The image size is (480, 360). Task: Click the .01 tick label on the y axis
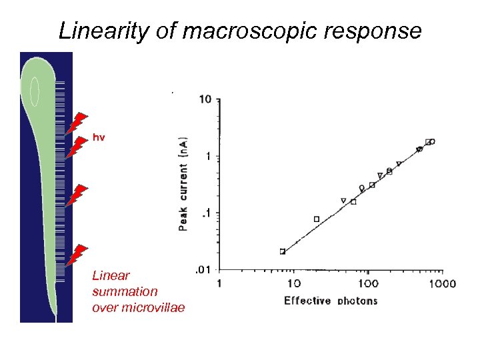coord(203,270)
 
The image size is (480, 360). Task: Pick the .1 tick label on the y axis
coord(207,213)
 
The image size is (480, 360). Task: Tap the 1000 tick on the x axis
coord(441,283)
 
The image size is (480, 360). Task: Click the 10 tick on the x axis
coord(293,283)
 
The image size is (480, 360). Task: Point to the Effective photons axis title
coord(331,301)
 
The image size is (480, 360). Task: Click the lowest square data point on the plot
coord(283,251)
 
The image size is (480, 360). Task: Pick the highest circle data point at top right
coord(432,141)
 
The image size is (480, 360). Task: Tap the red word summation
coord(125,291)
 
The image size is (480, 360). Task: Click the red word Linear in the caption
coord(111,275)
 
